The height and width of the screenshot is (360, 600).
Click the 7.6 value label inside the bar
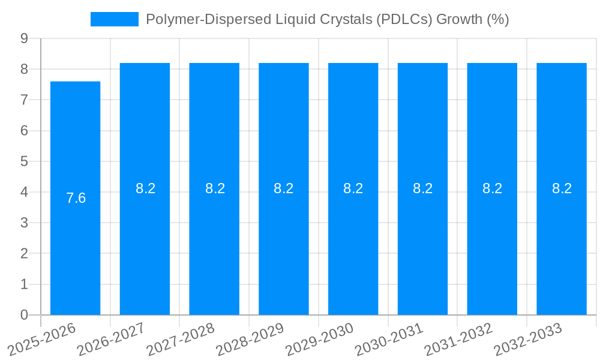76,198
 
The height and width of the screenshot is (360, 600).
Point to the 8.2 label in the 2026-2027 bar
145,188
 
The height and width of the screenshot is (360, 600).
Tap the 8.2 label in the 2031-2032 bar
492,188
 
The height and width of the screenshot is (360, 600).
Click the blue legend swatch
114,19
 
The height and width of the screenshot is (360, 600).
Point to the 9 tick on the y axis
24,38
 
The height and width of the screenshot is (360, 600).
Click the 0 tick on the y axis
24,315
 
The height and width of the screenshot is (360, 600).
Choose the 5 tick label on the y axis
24,161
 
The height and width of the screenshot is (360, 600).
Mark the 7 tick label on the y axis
24,100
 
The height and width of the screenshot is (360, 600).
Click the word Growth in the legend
460,19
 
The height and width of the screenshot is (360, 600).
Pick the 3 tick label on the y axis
24,223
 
